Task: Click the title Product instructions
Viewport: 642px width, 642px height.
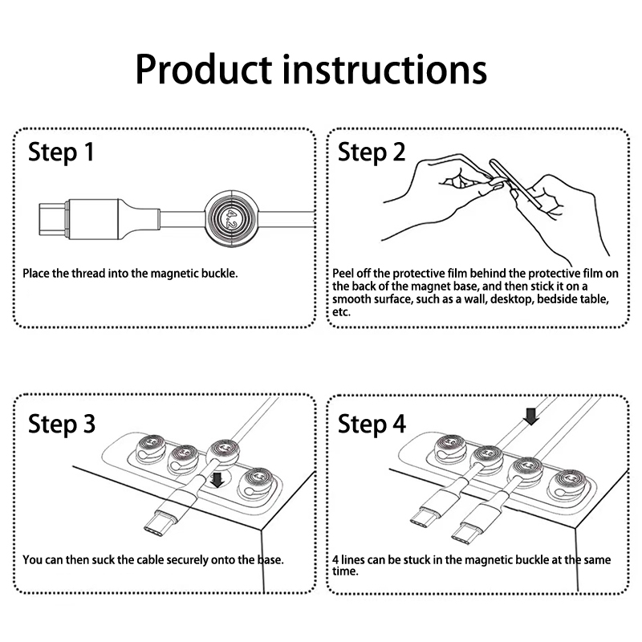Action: click(x=311, y=71)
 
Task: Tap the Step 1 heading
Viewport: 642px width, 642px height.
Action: click(x=61, y=152)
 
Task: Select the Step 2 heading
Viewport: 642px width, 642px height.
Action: click(x=372, y=152)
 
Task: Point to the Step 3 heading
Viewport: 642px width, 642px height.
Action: click(x=62, y=424)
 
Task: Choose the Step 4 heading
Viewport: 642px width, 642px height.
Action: click(x=372, y=424)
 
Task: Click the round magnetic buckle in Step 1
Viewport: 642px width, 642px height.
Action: click(x=232, y=218)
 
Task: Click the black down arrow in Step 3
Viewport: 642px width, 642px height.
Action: click(x=217, y=479)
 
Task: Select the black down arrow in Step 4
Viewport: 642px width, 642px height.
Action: click(x=531, y=416)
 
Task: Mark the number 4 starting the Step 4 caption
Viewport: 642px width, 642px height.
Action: click(x=335, y=559)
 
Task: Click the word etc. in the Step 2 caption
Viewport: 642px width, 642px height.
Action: click(x=342, y=312)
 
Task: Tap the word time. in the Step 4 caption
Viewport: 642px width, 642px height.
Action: click(x=345, y=571)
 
